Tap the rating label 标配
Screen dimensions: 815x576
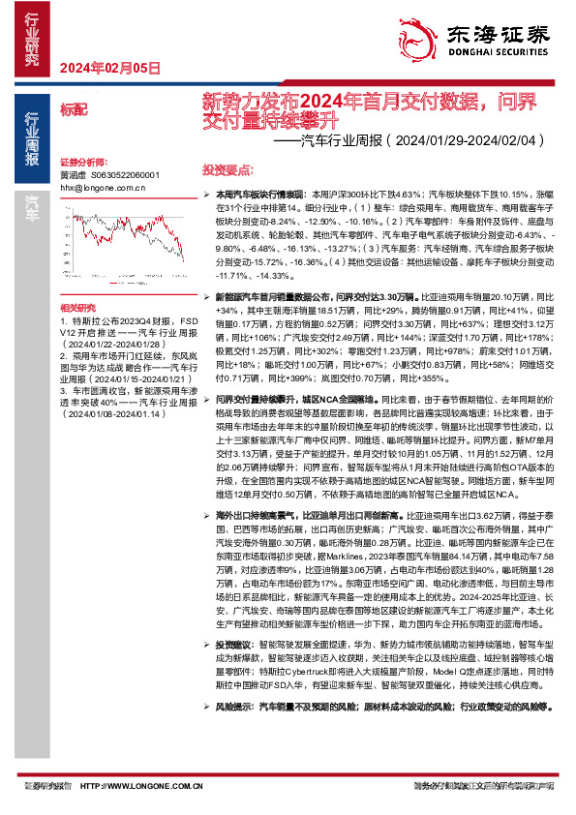73,111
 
